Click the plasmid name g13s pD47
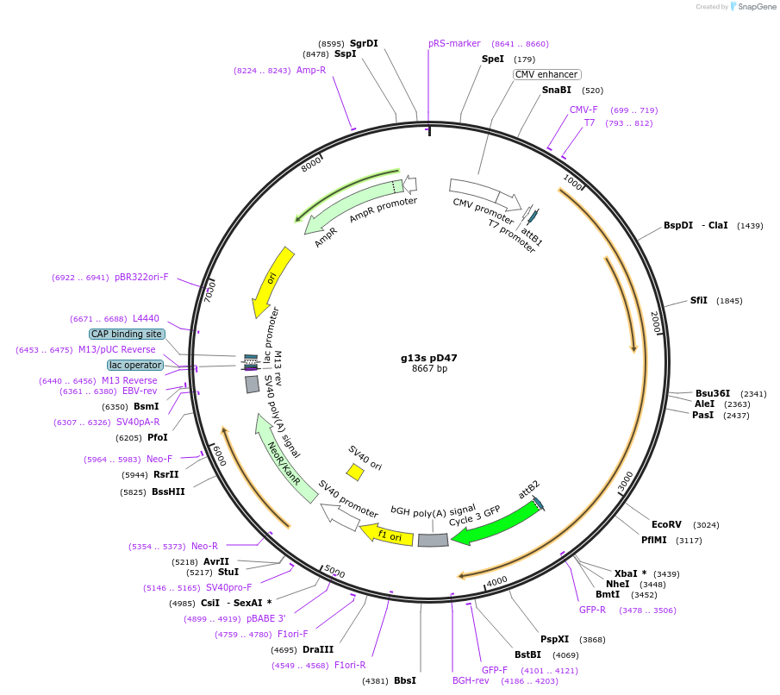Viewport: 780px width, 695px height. coord(428,357)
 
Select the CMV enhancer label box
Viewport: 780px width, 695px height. coord(546,75)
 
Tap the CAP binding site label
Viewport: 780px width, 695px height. coord(127,334)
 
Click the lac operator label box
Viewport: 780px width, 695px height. coord(134,365)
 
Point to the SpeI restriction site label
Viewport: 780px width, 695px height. coord(493,59)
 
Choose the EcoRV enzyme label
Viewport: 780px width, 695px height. coord(666,524)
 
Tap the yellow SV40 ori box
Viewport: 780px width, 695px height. coord(355,472)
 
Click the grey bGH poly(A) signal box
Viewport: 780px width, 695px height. coord(433,540)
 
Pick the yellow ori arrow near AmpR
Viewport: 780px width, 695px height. coord(272,280)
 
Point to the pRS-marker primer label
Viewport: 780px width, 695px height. coord(454,44)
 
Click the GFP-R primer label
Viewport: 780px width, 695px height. coord(591,610)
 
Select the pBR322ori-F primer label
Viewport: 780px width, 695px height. coord(141,278)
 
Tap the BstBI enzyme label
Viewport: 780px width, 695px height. coord(527,654)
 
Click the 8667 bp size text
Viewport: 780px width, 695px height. coord(429,369)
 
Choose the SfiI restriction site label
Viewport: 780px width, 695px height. coord(698,301)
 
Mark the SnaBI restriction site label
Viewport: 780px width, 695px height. coord(556,90)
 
